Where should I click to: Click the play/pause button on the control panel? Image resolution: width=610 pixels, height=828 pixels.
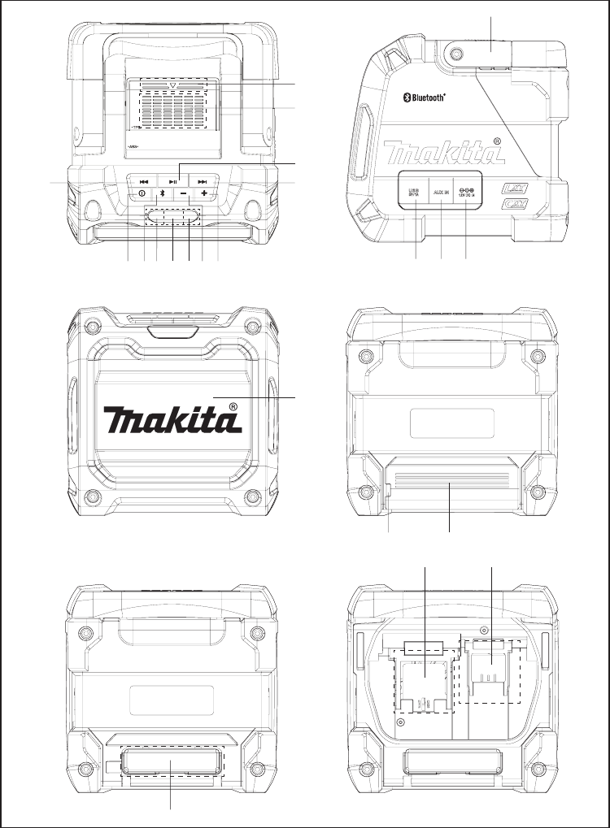(x=173, y=182)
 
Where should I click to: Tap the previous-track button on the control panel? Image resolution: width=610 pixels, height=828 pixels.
(x=143, y=182)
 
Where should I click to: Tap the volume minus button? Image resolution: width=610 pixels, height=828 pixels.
(x=183, y=195)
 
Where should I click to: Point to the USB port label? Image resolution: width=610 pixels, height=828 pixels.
(x=415, y=191)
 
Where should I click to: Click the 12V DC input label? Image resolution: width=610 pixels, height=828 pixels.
(x=466, y=192)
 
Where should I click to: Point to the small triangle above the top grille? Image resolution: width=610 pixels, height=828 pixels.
(x=173, y=85)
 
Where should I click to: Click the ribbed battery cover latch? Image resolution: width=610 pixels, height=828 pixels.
(x=450, y=487)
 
